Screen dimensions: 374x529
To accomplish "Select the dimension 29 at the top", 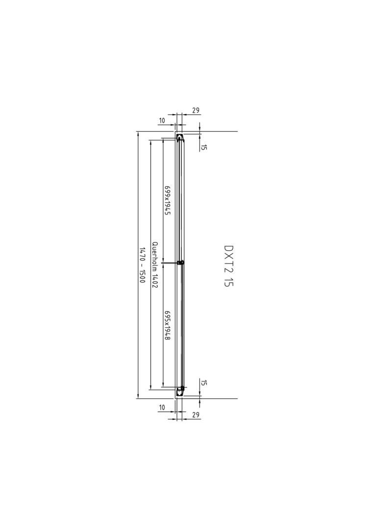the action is click(x=196, y=110).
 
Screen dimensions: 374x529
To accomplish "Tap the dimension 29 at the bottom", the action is click(x=196, y=415).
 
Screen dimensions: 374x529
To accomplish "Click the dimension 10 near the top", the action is click(x=162, y=120).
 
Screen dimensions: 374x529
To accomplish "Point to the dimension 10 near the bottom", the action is click(x=162, y=408).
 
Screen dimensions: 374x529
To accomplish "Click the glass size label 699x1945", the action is click(x=167, y=200).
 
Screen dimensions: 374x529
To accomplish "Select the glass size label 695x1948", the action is click(x=167, y=326).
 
